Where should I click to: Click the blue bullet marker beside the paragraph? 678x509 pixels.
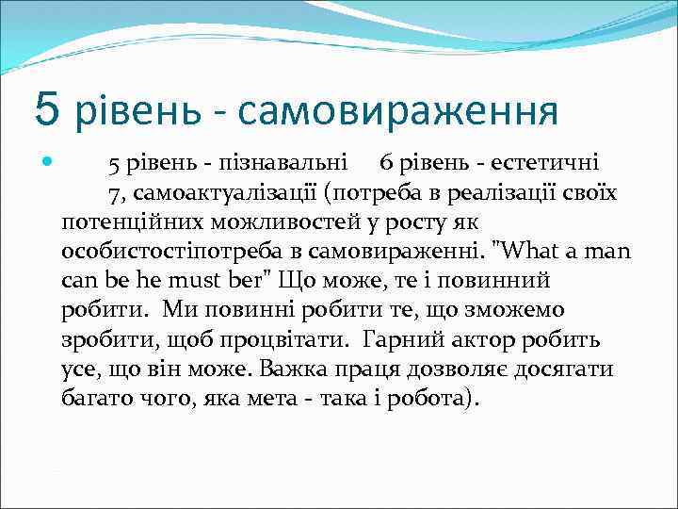click(46, 164)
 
